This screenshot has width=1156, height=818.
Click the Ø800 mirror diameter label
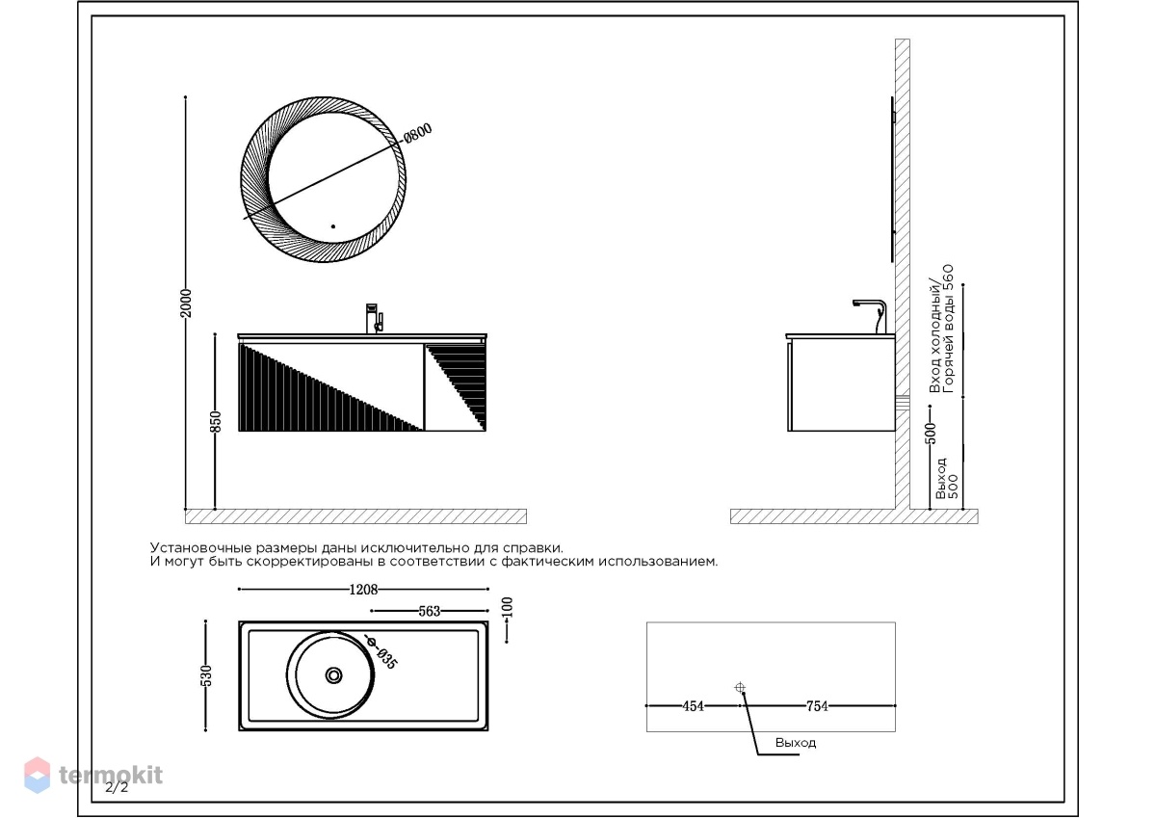pyautogui.click(x=417, y=133)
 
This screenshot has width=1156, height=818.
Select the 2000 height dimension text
pyautogui.click(x=186, y=303)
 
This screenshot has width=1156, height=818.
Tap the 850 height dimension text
pyautogui.click(x=216, y=422)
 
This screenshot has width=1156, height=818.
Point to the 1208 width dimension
pyautogui.click(x=363, y=590)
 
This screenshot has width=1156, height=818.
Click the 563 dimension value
pyautogui.click(x=430, y=612)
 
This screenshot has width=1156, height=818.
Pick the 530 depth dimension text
pyautogui.click(x=206, y=676)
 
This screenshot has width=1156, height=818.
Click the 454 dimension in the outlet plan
pyautogui.click(x=693, y=706)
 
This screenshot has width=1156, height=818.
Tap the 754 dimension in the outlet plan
pyautogui.click(x=817, y=706)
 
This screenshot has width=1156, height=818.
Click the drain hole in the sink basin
pyautogui.click(x=334, y=675)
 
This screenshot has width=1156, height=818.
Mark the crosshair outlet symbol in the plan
pyautogui.click(x=740, y=687)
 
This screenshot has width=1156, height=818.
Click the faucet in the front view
pyautogui.click(x=374, y=318)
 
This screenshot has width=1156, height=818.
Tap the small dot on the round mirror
pyautogui.click(x=333, y=226)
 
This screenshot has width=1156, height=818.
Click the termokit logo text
pyautogui.click(x=111, y=775)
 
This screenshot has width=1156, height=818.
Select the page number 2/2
pyautogui.click(x=117, y=787)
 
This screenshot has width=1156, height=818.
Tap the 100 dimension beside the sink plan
pyautogui.click(x=507, y=607)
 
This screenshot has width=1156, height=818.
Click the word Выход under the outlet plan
pyautogui.click(x=796, y=743)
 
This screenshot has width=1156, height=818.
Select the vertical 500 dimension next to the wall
pyautogui.click(x=930, y=434)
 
